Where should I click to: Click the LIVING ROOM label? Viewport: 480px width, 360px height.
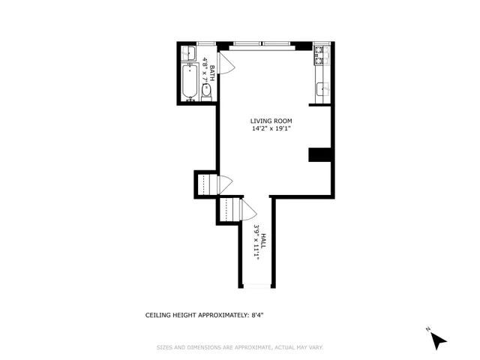[271, 121]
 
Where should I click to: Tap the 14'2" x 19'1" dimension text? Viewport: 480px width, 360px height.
[271, 128]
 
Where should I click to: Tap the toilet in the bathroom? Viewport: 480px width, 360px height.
[206, 91]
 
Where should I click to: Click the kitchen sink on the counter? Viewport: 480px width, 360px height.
[321, 90]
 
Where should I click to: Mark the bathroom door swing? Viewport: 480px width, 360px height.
[226, 64]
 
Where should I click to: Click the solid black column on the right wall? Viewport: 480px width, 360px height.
[320, 154]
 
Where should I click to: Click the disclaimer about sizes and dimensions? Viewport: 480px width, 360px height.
[240, 347]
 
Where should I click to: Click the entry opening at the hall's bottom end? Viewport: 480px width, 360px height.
[256, 287]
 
